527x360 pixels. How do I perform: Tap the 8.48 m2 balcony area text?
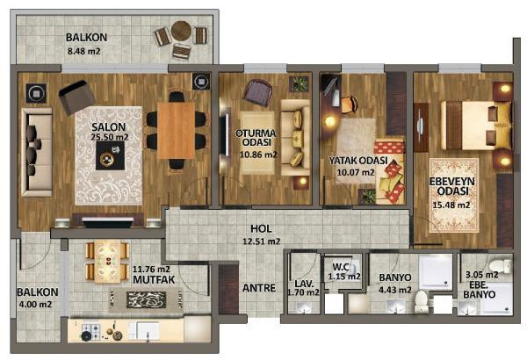(x=86, y=50)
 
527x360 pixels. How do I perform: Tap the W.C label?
(x=341, y=267)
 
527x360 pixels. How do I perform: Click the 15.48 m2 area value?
(x=451, y=205)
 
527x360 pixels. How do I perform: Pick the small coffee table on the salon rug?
(x=111, y=158)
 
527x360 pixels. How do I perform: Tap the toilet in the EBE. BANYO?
(x=498, y=267)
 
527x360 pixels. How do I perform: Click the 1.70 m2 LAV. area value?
(x=304, y=292)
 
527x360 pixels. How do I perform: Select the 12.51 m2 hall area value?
(x=262, y=240)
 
